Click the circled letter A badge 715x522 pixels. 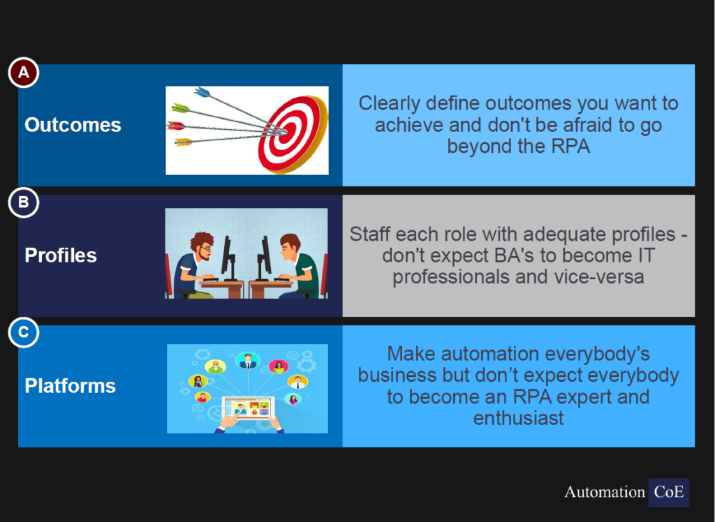[23, 73]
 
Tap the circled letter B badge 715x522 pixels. [23, 202]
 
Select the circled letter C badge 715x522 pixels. [23, 332]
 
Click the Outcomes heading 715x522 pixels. [73, 125]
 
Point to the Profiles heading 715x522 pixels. [61, 255]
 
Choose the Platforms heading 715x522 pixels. [71, 386]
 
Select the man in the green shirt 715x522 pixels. [296, 266]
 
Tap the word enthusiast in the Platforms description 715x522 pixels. [519, 418]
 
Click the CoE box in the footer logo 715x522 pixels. [668, 493]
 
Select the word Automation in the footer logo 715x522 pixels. [605, 493]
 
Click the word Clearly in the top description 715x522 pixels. [389, 103]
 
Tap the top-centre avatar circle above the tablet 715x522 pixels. [248, 361]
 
